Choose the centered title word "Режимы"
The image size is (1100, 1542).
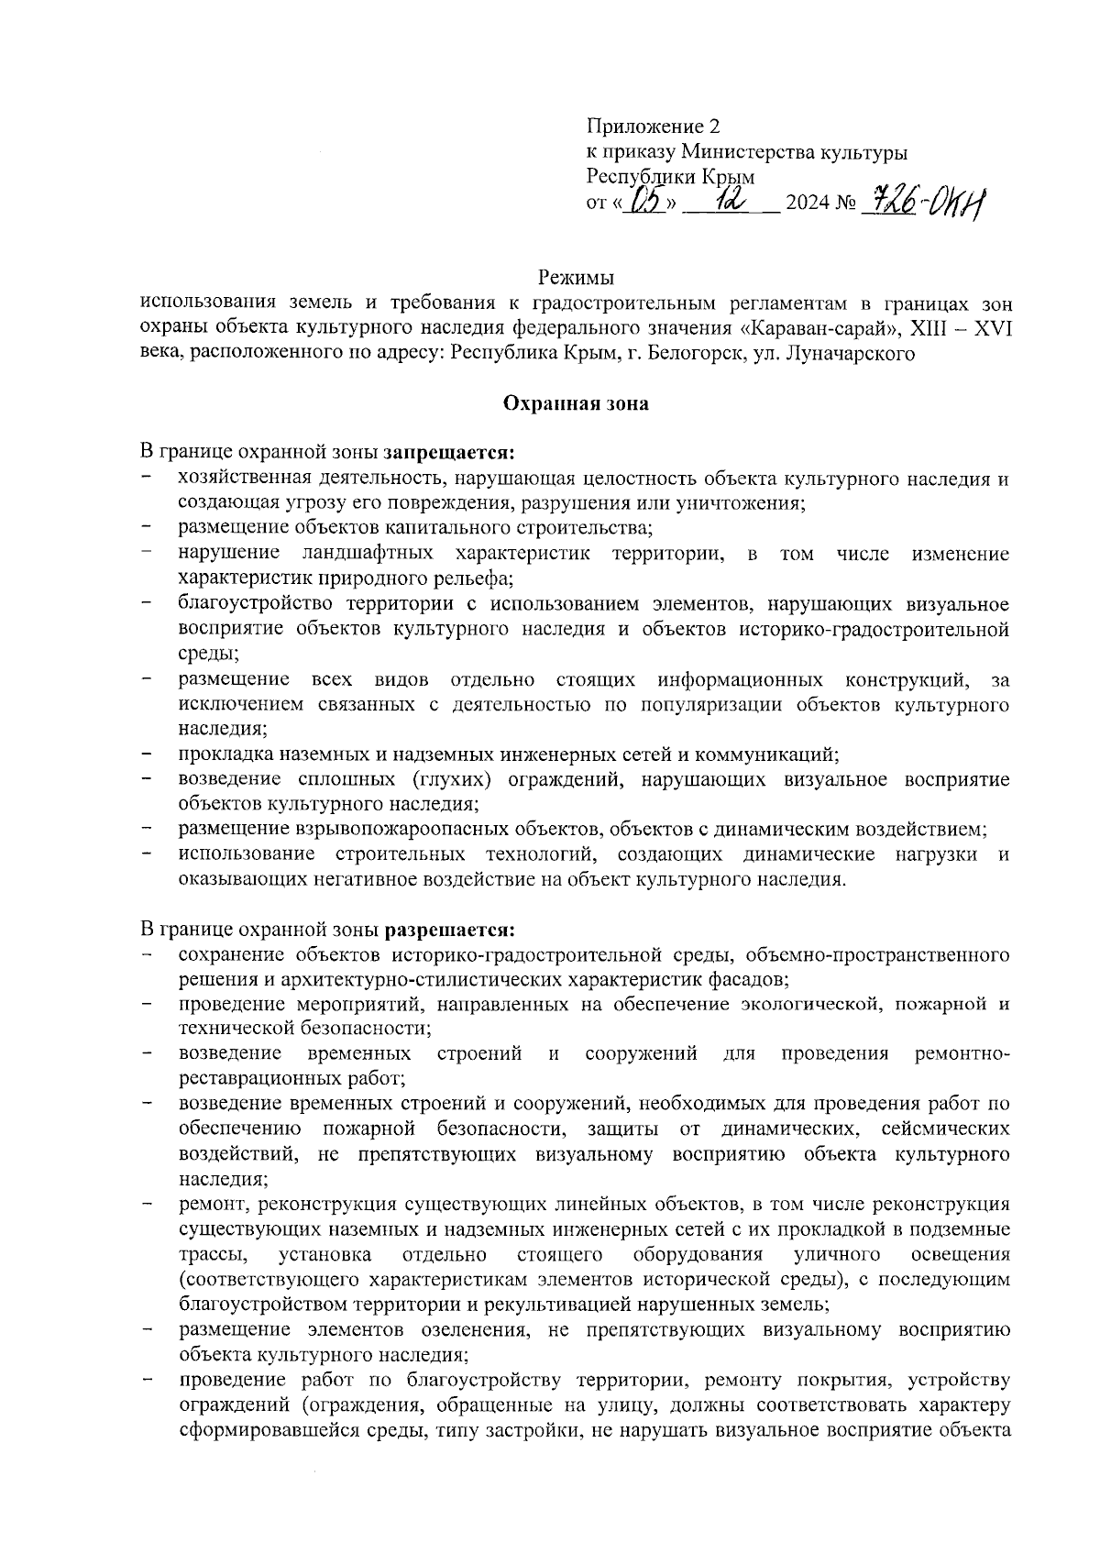click(575, 277)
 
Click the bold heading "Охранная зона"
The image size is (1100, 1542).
click(575, 404)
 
